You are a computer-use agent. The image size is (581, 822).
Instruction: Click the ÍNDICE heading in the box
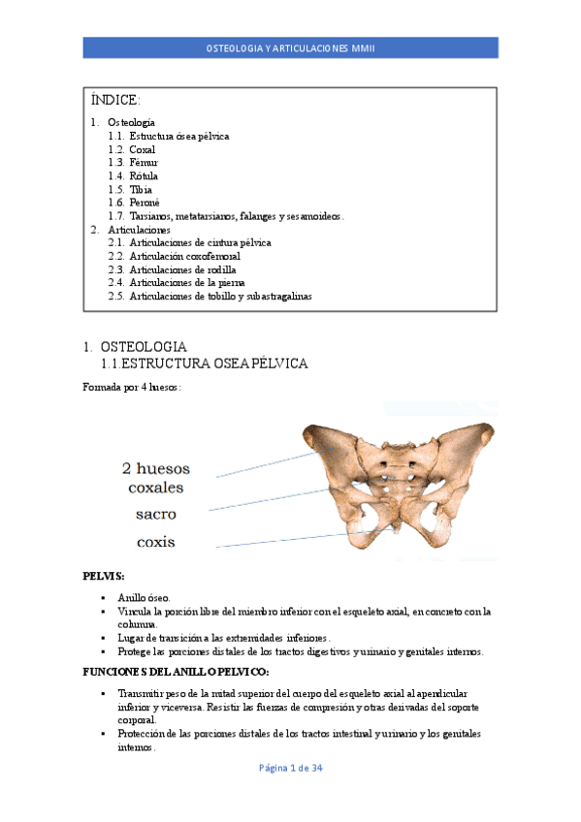(x=115, y=101)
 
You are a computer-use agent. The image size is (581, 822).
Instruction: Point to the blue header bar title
(x=290, y=48)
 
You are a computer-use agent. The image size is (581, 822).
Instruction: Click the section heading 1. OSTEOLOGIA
(x=135, y=346)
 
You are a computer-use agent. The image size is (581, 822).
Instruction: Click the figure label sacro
(x=155, y=514)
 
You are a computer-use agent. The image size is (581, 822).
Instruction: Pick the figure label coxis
(x=155, y=541)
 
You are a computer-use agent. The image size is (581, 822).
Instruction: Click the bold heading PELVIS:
(x=104, y=576)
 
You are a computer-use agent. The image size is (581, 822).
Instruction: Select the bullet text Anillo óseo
(x=144, y=598)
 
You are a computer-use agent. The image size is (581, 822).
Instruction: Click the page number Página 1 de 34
(x=290, y=769)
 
